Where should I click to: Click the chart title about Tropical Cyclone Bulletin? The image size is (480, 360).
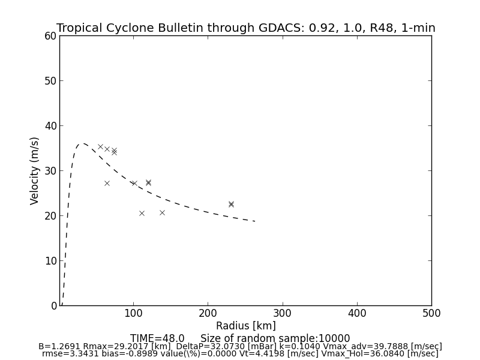pos(246,28)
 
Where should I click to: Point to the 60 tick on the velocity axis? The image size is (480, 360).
pos(50,36)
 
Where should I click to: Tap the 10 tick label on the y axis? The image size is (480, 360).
pos(50,261)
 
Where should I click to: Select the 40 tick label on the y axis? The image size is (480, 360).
pos(50,126)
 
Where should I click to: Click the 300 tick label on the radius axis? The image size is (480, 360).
pos(282,313)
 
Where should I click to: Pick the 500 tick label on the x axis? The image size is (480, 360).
pos(431,313)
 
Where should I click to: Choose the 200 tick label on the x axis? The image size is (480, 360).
pos(208,313)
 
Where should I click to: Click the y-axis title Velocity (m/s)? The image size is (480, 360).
pos(35,170)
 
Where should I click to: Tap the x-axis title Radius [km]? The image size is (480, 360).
pos(246,326)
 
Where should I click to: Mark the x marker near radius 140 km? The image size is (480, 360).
pos(162,212)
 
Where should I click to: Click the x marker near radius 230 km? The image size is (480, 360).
pos(231,204)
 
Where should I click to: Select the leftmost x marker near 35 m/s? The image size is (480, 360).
pos(100,146)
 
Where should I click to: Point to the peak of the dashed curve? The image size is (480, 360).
pos(83,143)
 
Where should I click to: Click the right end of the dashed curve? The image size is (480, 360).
pos(255,221)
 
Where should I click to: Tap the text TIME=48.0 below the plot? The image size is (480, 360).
pos(157,338)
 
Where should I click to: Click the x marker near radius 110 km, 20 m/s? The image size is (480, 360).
pos(142,213)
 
